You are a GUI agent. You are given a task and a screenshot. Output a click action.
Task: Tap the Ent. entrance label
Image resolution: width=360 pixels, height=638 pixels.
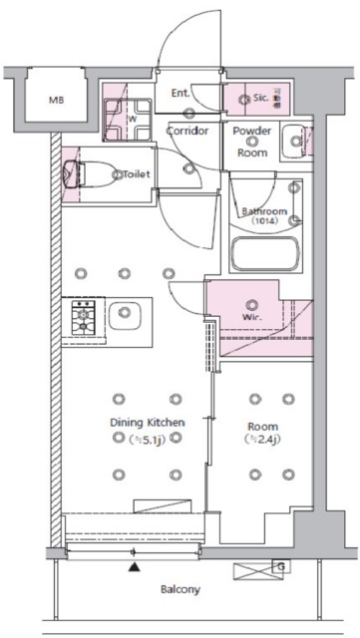point(180,94)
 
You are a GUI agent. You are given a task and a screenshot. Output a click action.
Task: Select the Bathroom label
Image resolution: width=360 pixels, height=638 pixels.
point(264,211)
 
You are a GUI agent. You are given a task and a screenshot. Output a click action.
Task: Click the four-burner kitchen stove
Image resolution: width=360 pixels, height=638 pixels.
point(81,317)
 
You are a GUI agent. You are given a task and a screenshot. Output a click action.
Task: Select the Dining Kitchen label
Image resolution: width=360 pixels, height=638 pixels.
point(147,423)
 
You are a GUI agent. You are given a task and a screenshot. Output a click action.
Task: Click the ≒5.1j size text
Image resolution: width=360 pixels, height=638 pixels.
point(147,440)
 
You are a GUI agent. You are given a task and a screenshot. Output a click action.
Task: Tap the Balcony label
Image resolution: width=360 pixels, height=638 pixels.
point(180,589)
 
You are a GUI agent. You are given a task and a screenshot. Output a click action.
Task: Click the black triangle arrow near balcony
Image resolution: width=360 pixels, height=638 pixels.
point(133,568)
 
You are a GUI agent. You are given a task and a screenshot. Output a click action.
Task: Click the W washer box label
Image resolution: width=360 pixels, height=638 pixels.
point(132,120)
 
